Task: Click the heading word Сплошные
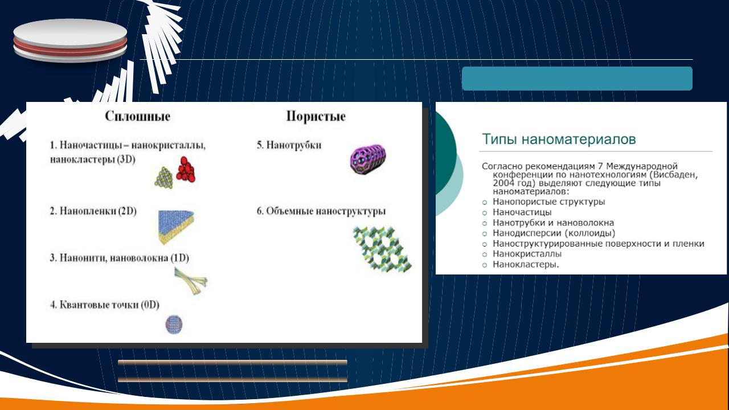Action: pyautogui.click(x=137, y=116)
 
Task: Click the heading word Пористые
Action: pyautogui.click(x=316, y=116)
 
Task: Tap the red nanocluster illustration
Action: pyautogui.click(x=186, y=169)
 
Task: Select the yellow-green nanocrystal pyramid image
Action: pyautogui.click(x=163, y=177)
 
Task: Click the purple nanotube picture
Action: pyautogui.click(x=368, y=159)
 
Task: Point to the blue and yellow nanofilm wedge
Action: pyautogui.click(x=176, y=227)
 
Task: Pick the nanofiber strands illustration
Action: pyautogui.click(x=190, y=281)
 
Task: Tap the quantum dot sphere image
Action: pyautogui.click(x=174, y=324)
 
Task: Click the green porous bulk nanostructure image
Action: pyautogui.click(x=382, y=249)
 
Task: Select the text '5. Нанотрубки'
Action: pyautogui.click(x=289, y=145)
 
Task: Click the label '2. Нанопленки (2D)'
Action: pyautogui.click(x=93, y=211)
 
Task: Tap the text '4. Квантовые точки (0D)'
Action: pyautogui.click(x=104, y=305)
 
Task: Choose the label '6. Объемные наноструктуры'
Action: pyautogui.click(x=321, y=211)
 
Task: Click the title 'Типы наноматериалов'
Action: pyautogui.click(x=559, y=139)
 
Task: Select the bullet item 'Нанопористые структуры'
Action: pyautogui.click(x=548, y=202)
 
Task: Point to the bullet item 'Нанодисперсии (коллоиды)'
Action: pyautogui.click(x=554, y=233)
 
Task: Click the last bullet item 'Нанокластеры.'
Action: pyautogui.click(x=526, y=264)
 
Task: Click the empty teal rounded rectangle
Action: pyautogui.click(x=577, y=79)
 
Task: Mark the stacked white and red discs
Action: pyautogui.click(x=70, y=40)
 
